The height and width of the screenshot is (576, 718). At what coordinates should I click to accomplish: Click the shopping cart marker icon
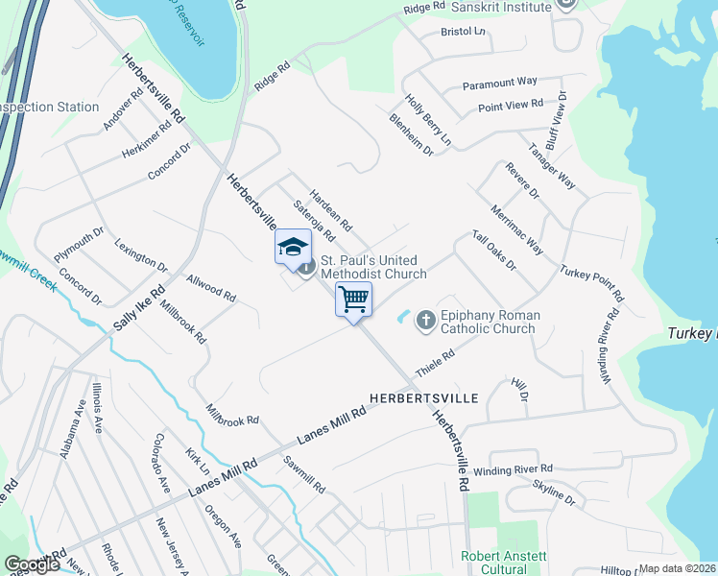pos(353,300)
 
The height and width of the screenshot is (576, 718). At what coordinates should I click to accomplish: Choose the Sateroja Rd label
pos(314,220)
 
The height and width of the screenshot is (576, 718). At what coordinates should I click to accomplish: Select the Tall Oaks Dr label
pos(494,251)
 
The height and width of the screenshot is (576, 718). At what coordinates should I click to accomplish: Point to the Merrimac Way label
pos(515,228)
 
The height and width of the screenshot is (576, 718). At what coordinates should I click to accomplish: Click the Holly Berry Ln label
pos(427,119)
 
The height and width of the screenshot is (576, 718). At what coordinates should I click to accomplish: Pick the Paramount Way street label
pos(499,84)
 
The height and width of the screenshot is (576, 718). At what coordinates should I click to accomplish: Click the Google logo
pos(32,565)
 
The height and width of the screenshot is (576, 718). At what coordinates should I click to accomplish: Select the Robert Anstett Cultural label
pos(505,563)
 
